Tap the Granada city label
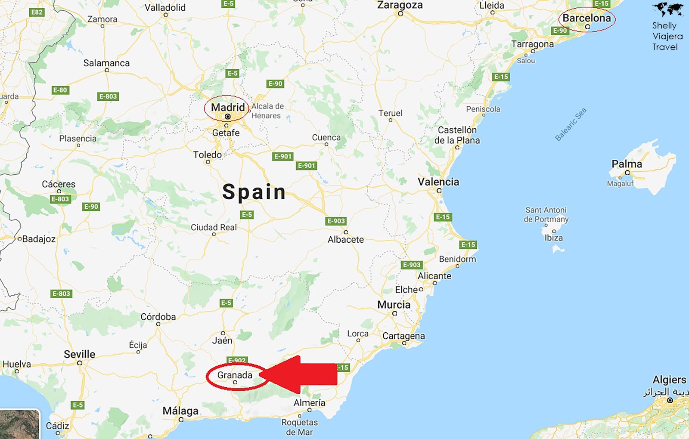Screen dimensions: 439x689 (x=235, y=375)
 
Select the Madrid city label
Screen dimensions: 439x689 (x=228, y=107)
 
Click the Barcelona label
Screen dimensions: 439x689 (x=587, y=18)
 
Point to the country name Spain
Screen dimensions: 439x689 (x=254, y=192)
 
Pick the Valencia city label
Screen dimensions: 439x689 (x=438, y=182)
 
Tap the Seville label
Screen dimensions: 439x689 (x=80, y=354)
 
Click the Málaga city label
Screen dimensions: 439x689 (x=180, y=411)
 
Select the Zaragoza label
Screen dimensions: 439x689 (x=400, y=5)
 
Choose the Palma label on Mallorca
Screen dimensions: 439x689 (x=627, y=164)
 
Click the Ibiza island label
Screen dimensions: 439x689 (x=553, y=238)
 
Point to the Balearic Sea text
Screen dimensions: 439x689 (x=571, y=124)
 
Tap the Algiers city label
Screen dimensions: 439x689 (x=669, y=380)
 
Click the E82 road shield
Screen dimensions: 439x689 (x=37, y=12)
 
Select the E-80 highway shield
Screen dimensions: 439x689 (x=60, y=90)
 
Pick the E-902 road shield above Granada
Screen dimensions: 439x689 (x=237, y=360)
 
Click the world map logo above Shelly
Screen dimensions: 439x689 (x=667, y=9)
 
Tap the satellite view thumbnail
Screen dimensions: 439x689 (x=19, y=424)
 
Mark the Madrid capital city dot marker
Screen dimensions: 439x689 (x=228, y=117)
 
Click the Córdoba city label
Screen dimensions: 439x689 (x=158, y=317)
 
